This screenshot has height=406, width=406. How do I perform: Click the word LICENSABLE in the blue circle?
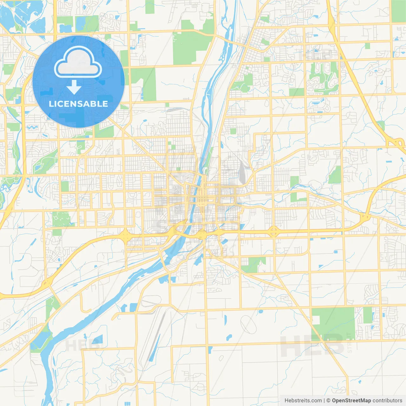point(78,104)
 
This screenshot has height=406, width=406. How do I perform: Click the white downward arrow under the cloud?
point(74,87)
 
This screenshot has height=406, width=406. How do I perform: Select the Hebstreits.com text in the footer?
point(303,401)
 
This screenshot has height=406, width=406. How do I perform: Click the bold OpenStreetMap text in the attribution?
point(351,401)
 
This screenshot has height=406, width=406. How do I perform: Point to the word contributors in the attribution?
point(387,401)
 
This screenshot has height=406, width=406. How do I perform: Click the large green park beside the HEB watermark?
point(333,320)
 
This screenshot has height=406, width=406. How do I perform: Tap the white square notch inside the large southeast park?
point(316,320)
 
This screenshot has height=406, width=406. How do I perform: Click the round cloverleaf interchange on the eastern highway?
point(273,232)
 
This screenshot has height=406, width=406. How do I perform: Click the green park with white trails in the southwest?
point(61,219)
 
